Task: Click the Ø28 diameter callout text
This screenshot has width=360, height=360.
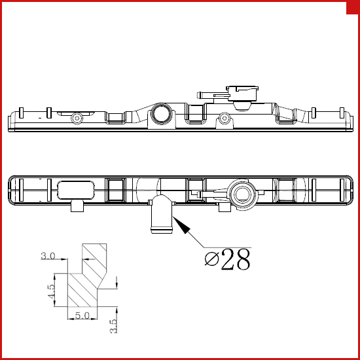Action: click(x=227, y=259)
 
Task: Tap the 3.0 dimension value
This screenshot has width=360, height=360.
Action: click(x=48, y=256)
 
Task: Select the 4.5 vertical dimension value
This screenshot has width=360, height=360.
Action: click(x=52, y=291)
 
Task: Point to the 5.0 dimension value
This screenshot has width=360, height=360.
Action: click(x=82, y=315)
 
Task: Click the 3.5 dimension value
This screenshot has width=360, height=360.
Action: click(x=113, y=326)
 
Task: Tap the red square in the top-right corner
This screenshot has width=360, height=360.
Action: click(x=353, y=8)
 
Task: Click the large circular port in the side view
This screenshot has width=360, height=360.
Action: click(x=162, y=113)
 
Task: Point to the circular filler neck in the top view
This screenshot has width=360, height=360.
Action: click(x=242, y=194)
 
